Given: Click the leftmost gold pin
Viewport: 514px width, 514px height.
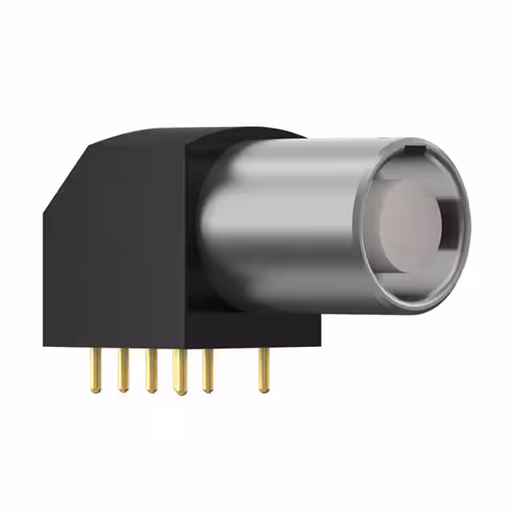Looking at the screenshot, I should (96, 370).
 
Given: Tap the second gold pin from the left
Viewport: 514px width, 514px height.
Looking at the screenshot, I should (123, 370).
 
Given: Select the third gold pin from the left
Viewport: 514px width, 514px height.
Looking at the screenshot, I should (150, 370).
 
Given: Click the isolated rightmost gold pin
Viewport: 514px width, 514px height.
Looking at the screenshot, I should (263, 370).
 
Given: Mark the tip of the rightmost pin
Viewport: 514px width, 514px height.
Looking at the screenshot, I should (263, 390).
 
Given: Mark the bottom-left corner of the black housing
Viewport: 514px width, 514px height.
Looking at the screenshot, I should (46, 345).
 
